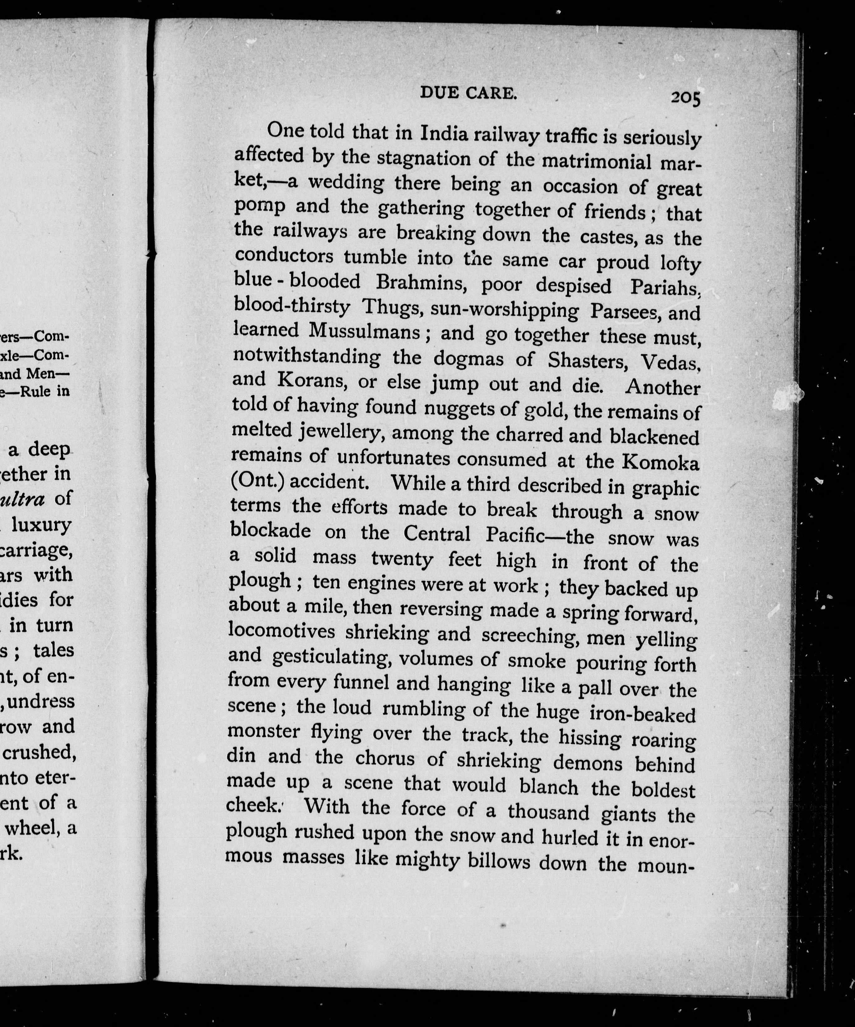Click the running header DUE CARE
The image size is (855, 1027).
coord(468,92)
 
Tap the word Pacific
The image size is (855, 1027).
coord(515,535)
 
